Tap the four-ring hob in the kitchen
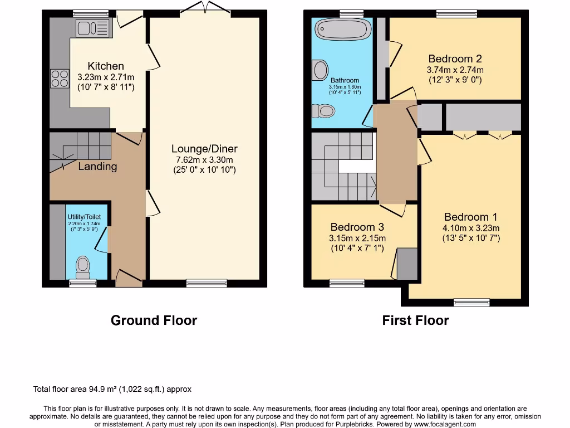pyautogui.click(x=59, y=78)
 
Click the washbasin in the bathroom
pyautogui.click(x=321, y=70)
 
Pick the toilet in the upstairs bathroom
pyautogui.click(x=323, y=111)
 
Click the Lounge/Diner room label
pyautogui.click(x=204, y=149)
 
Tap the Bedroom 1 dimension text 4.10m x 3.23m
pyautogui.click(x=471, y=228)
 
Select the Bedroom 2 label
pyautogui.click(x=455, y=59)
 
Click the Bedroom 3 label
pyautogui.click(x=357, y=227)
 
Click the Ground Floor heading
pyautogui.click(x=154, y=320)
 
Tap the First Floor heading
pyautogui.click(x=415, y=320)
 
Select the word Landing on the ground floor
pyautogui.click(x=97, y=166)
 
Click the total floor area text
pyautogui.click(x=112, y=390)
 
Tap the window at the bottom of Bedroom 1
pyautogui.click(x=471, y=303)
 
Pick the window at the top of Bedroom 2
pyautogui.click(x=456, y=13)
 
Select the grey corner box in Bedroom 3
pyautogui.click(x=406, y=264)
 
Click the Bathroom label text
pyautogui.click(x=345, y=80)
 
